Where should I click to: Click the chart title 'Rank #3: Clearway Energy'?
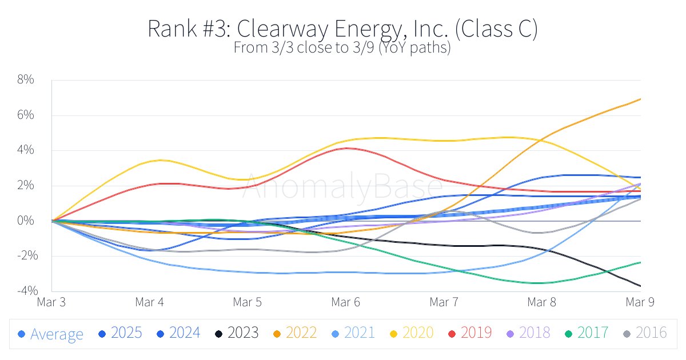point(342,29)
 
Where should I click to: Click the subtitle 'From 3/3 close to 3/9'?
point(342,47)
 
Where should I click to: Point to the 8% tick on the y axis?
point(26,80)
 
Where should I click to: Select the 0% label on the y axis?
point(26,221)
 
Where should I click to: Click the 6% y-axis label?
point(26,115)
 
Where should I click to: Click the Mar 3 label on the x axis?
point(51,302)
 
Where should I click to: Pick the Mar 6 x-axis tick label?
point(346,302)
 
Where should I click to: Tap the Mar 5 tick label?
point(248,302)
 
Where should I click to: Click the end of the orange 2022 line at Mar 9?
point(640,99)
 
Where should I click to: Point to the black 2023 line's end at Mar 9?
point(640,286)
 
